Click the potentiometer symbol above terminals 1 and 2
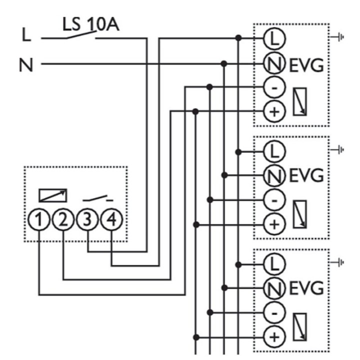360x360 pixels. point(53,194)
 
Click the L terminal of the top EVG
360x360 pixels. point(273,38)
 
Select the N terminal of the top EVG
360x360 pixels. point(273,63)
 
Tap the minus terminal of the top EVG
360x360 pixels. point(273,87)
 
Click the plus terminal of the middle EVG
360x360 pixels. point(273,224)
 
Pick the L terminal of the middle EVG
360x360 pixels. point(273,150)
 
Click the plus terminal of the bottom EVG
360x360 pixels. point(273,336)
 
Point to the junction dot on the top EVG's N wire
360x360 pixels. point(224,63)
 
